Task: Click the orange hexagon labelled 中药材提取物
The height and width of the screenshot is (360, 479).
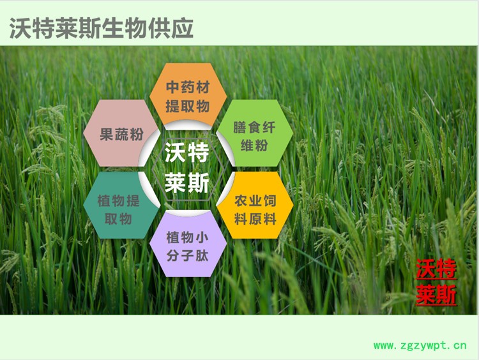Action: pyautogui.click(x=188, y=95)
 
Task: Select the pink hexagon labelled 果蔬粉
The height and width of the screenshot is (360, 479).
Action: pyautogui.click(x=121, y=135)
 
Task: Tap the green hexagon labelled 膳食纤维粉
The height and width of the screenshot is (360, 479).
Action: pyautogui.click(x=254, y=135)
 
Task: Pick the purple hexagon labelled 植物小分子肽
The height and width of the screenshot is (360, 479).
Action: pyautogui.click(x=188, y=246)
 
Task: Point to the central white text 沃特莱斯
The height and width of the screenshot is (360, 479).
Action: pyautogui.click(x=187, y=168)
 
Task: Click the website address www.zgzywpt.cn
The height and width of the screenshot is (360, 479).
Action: pyautogui.click(x=420, y=346)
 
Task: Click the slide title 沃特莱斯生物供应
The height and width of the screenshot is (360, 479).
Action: pyautogui.click(x=101, y=27)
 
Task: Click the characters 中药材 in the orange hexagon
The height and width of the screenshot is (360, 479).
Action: pyautogui.click(x=188, y=87)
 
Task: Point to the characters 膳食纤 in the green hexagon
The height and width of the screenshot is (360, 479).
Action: pyautogui.click(x=254, y=127)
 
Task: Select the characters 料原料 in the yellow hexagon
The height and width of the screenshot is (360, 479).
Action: pyautogui.click(x=255, y=219)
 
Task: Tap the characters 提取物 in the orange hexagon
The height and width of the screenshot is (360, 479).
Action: pyautogui.click(x=188, y=105)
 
